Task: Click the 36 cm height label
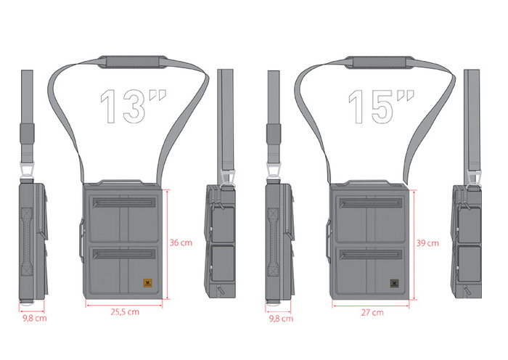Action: pos(181,242)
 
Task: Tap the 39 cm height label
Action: pos(427,243)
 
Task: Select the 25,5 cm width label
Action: pos(125,312)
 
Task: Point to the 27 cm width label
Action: pos(372,313)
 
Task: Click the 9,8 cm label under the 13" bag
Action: pos(35,318)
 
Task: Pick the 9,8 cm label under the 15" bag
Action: pos(282,319)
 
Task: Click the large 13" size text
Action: pos(133,106)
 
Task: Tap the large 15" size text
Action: pos(381,106)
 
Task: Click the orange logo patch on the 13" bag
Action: pos(148,283)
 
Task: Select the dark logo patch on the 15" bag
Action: pos(394,283)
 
